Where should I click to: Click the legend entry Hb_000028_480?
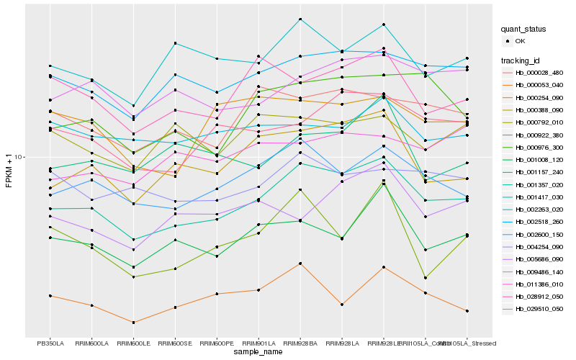[537, 73]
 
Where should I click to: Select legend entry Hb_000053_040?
[537, 85]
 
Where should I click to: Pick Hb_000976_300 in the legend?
[537, 147]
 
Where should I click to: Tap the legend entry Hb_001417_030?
[537, 197]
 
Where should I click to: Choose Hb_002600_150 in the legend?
[537, 234]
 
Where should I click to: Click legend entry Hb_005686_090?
[537, 259]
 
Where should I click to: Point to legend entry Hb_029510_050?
[537, 309]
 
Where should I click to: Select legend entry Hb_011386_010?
[537, 284]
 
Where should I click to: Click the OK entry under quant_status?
[520, 41]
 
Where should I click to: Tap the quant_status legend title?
[523, 29]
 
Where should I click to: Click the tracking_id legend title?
[521, 60]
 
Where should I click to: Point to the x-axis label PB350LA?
[50, 343]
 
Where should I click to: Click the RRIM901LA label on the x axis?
[258, 343]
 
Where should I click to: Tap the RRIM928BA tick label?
[300, 343]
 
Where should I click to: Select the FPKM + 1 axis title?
[9, 170]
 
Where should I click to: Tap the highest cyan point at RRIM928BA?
[300, 19]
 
